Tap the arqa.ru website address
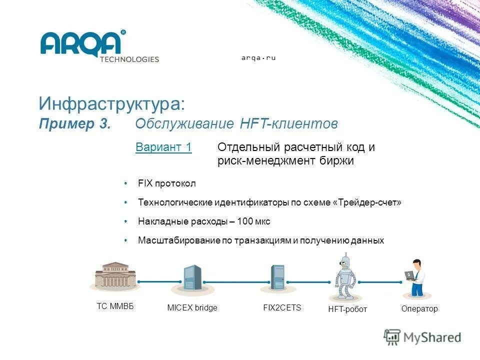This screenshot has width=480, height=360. tap(258, 58)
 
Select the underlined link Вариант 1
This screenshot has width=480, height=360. tap(163, 147)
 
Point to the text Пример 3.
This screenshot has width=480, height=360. tap(74, 124)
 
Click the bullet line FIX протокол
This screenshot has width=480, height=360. tap(167, 183)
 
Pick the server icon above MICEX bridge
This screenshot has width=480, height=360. tap(192, 278)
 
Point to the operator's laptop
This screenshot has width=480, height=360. tap(410, 274)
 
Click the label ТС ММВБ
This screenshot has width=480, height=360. tap(115, 306)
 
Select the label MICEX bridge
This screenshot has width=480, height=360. tap(192, 308)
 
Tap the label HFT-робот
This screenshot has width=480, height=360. tap(347, 309)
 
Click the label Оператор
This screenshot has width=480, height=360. tap(419, 308)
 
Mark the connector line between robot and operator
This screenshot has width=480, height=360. tap(380, 282)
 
